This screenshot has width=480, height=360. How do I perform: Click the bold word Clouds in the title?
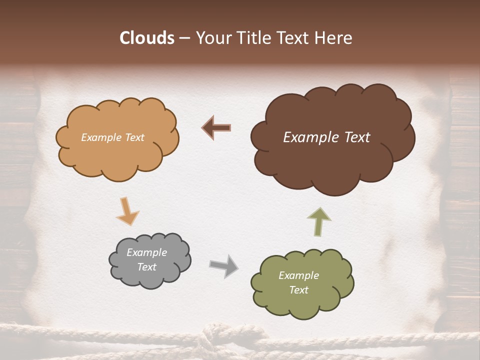pos(147,38)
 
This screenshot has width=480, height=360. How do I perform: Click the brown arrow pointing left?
pos(216,128)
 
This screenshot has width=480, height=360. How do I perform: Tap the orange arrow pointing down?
pos(127,210)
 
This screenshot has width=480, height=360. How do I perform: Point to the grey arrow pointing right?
pos(223,265)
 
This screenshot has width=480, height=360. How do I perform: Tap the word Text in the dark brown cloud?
pos(353,137)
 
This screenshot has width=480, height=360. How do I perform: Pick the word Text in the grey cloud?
pos(146,267)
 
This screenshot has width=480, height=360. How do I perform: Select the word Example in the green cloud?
pos(298,275)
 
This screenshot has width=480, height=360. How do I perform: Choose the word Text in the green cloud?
pos(298,290)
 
